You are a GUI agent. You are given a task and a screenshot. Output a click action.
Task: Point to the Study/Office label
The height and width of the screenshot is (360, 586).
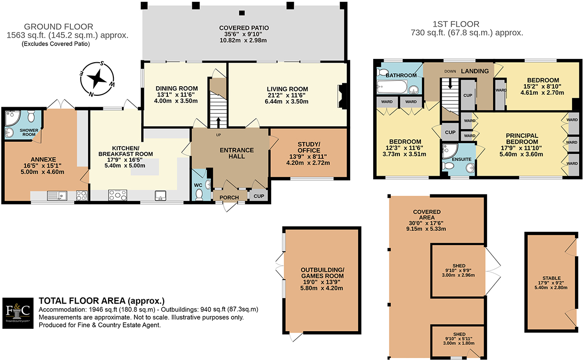(309, 148)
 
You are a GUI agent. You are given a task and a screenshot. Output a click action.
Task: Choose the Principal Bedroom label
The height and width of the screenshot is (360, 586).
(519, 139)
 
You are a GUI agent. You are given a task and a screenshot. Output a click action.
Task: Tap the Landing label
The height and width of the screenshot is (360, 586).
(475, 71)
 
